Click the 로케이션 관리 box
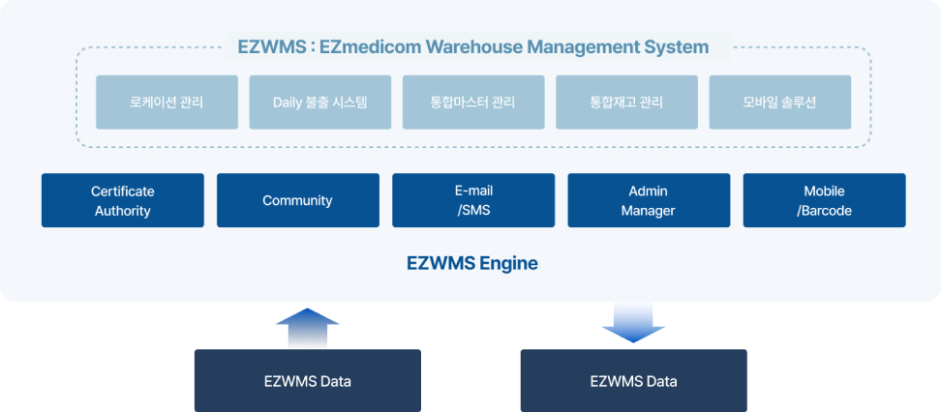pos(167,102)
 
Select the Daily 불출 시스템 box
pos(319,102)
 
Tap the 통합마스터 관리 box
pos(472,102)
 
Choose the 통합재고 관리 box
pos(626,102)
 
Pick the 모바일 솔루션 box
pos(779,102)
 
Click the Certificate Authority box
pos(123,200)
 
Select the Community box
pos(297,200)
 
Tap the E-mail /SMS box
pos(473,200)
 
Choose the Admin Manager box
pos(649,200)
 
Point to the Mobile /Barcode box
pos(824,200)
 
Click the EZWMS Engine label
pos(470,262)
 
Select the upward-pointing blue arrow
pos(307,327)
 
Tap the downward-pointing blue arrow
pos(633,323)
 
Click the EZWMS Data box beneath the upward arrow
pos(307,380)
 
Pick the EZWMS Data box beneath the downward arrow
pos(633,380)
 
